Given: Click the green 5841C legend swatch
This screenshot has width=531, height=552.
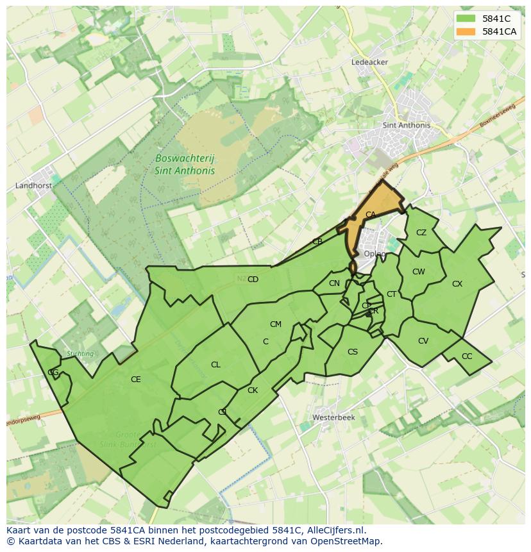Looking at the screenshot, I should [466, 19].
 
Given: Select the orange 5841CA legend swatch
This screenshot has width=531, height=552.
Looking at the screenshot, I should [466, 31].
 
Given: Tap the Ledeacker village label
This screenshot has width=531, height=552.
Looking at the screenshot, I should [369, 62].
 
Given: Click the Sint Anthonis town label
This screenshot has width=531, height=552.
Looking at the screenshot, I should [406, 126].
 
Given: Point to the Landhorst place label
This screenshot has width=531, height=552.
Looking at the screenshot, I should [33, 186].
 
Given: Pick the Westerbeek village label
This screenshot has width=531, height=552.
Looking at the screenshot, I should [333, 417].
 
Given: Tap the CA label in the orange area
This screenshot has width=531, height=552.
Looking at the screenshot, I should [370, 215].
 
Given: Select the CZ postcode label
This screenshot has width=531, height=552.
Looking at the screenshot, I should [421, 233].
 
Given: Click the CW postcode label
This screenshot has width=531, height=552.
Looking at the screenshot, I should [418, 272].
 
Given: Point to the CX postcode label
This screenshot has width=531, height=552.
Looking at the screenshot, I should [457, 283].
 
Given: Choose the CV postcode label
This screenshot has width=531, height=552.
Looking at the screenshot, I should [423, 341].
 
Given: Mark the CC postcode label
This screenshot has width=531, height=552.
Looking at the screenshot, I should [467, 356].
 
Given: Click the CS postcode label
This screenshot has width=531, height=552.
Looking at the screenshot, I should [353, 352].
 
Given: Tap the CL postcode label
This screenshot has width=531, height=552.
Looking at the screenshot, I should [215, 365].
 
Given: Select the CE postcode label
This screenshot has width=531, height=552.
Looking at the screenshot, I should [135, 380].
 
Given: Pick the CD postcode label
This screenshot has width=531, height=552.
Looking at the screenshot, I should [253, 280].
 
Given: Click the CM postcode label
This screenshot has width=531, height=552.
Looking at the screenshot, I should [276, 324].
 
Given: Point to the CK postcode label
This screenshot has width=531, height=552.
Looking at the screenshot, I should [253, 390].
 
